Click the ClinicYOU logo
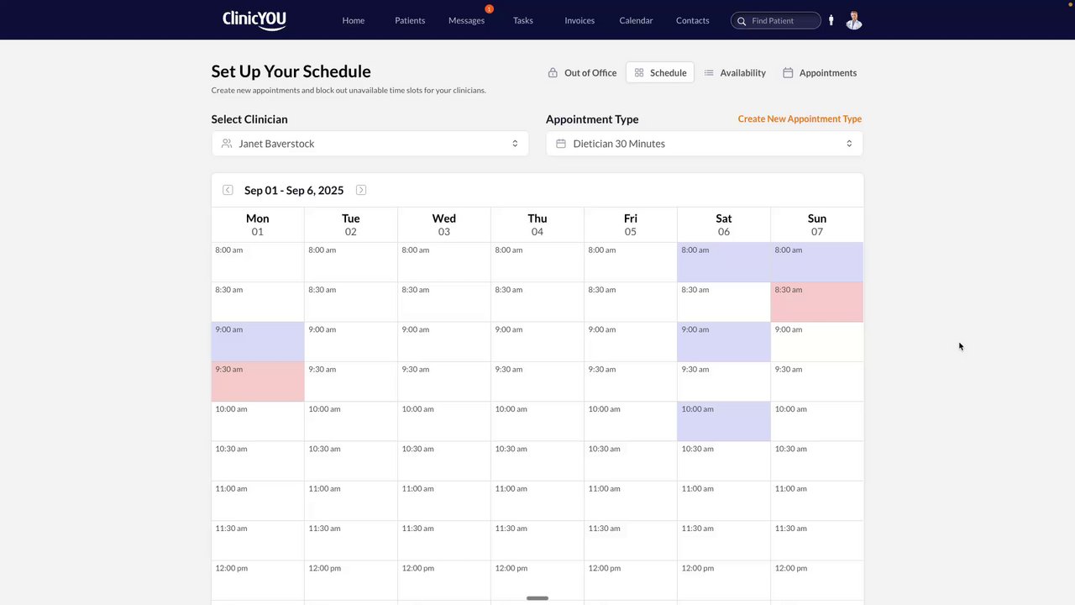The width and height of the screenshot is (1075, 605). coord(254,19)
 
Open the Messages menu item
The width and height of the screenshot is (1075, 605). coord(466,20)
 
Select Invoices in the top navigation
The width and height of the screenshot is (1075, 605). coord(579,20)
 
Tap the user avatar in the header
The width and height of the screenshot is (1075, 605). coord(853,20)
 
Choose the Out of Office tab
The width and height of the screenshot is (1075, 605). coord(582,73)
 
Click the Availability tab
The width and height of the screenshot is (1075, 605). coord(735,73)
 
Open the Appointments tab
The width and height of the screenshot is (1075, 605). coord(820,73)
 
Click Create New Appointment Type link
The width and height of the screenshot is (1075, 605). coord(800,118)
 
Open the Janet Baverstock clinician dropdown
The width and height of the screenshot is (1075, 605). coord(370,144)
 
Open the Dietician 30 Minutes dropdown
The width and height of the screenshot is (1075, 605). coord(704,144)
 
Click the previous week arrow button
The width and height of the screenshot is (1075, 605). coord(228,190)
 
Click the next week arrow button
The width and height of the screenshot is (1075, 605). coord(361,190)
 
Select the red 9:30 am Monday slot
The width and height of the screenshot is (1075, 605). coord(258,381)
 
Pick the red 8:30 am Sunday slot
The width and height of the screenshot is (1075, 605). coord(816,302)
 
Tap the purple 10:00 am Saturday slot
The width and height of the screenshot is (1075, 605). coord(723,421)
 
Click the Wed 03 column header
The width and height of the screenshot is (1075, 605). coord(443,224)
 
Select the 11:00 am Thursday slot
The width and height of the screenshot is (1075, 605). coord(537,501)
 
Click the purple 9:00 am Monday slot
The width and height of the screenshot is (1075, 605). coord(258,341)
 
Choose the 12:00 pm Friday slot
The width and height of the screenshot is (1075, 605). coord(631,580)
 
